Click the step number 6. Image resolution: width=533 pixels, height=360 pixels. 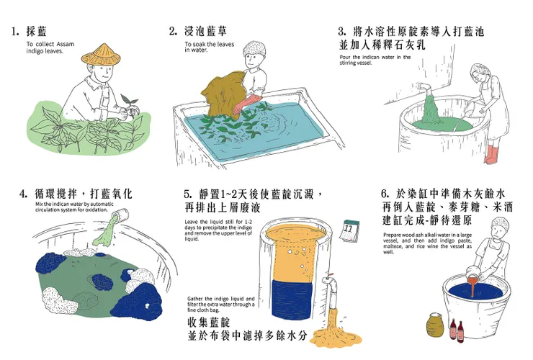(x=384, y=194)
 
